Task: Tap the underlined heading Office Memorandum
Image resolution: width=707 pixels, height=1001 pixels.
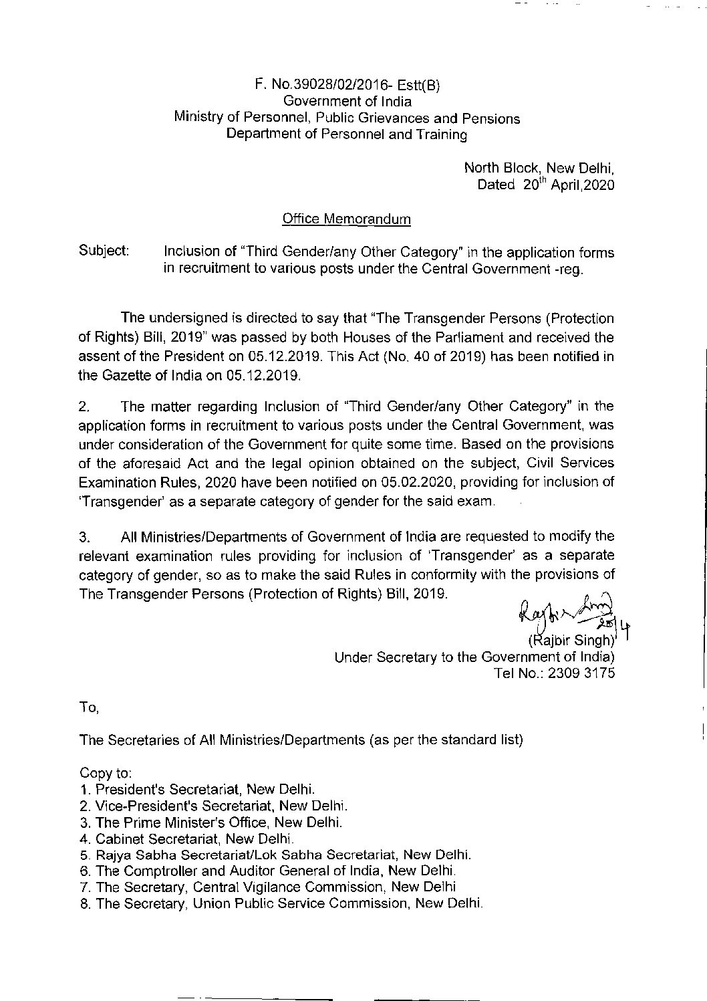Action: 347,219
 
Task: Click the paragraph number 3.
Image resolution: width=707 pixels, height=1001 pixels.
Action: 84,536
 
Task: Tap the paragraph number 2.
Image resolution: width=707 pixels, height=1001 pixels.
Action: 84,407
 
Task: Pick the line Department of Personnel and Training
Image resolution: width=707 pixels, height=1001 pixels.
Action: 347,134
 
